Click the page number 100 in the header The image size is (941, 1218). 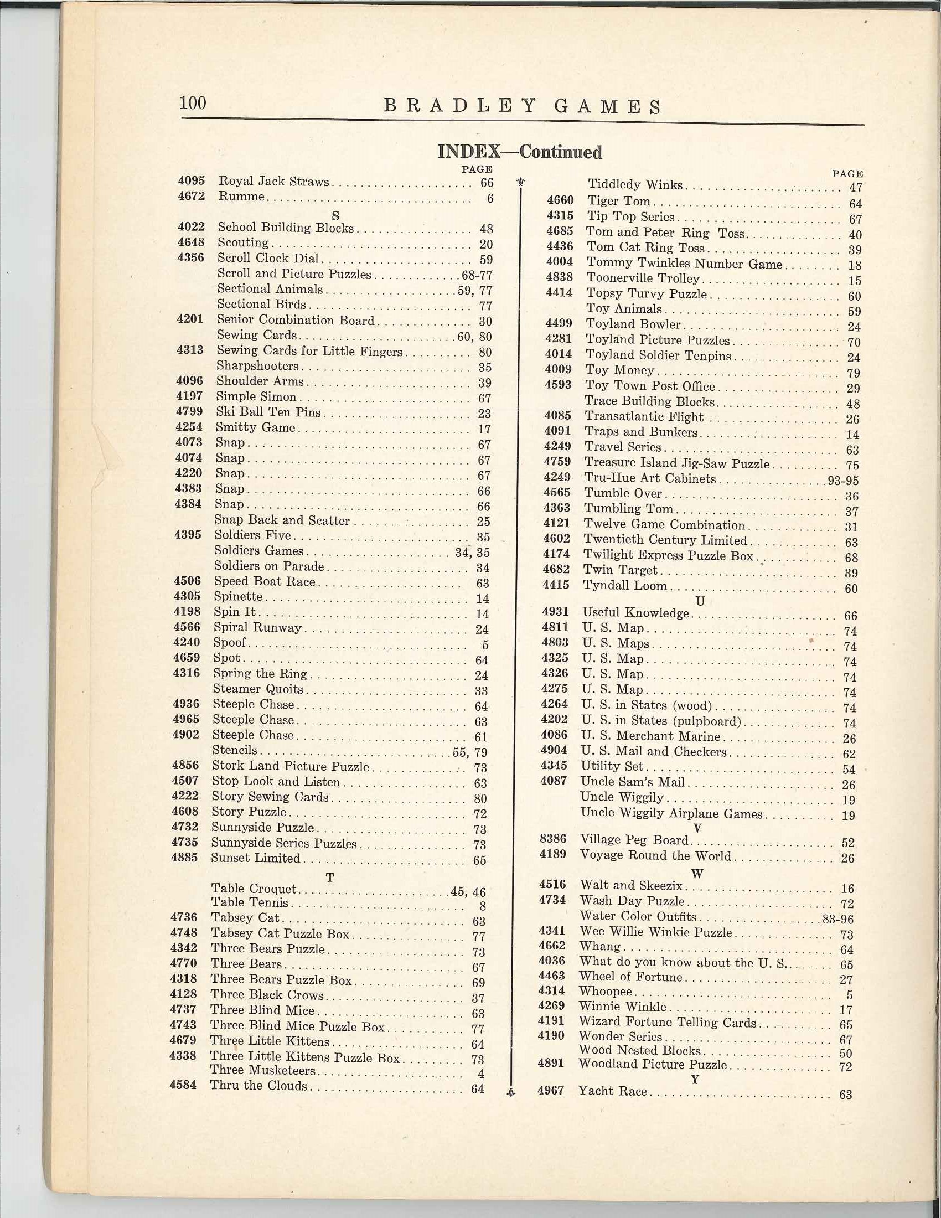pos(193,103)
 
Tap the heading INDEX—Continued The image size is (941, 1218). pos(520,152)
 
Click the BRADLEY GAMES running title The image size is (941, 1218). pos(523,106)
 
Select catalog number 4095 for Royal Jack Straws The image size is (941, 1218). pos(191,180)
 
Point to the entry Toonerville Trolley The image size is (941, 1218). pos(642,278)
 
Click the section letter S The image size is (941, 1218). pos(335,215)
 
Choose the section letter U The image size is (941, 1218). pos(700,601)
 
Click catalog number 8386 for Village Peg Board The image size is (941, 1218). pos(553,839)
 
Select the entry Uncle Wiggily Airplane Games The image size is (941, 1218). pos(671,814)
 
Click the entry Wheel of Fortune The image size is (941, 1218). pos(630,977)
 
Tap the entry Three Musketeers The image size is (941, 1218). pos(262,1070)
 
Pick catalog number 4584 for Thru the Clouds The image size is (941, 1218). pos(183,1085)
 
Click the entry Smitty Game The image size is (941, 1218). pos(255,428)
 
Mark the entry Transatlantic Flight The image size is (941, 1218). pos(644,416)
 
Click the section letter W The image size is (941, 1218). pos(697,873)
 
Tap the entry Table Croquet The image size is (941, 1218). pos(254,889)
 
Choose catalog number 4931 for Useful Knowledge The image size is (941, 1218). pos(555,612)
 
